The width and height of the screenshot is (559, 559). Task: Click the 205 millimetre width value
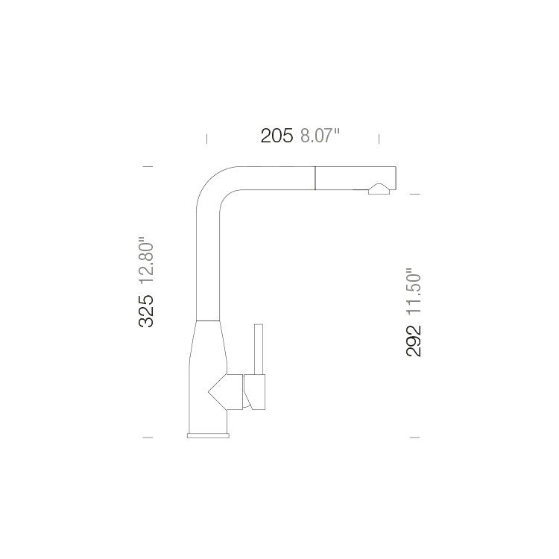[x=277, y=136]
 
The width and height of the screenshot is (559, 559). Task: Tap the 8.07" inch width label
[x=320, y=136]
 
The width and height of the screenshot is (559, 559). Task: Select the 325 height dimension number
[x=146, y=312]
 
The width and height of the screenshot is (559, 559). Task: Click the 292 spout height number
[x=414, y=341]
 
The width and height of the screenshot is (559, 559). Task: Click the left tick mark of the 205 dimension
[x=206, y=139]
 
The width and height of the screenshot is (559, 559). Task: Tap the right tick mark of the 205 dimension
[x=379, y=139]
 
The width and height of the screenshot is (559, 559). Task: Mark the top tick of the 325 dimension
[x=148, y=166]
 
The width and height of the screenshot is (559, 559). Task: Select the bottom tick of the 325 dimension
[x=148, y=438]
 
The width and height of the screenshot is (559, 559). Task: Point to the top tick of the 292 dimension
[x=414, y=194]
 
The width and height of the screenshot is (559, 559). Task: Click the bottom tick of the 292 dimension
[x=414, y=438]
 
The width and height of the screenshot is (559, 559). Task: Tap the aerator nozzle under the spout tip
[x=379, y=189]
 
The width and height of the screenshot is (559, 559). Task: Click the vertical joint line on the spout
[x=315, y=178]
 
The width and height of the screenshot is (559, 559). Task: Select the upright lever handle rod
[x=259, y=350]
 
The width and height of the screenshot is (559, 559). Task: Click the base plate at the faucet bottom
[x=208, y=436]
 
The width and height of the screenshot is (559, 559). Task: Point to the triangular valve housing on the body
[x=225, y=392]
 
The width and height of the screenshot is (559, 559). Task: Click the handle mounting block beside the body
[x=254, y=392]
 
